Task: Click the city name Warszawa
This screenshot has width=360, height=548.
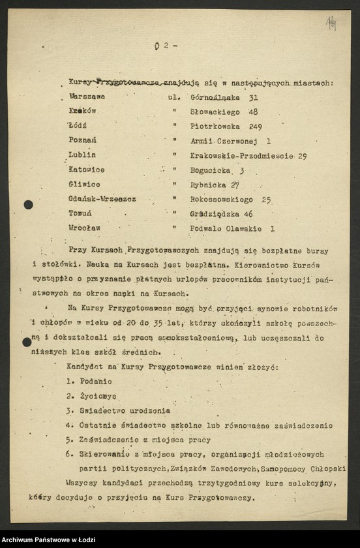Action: [x=87, y=97]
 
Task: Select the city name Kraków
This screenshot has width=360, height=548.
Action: [x=82, y=112]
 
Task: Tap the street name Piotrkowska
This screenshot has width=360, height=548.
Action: [x=215, y=127]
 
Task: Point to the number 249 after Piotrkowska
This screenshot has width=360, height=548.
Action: [x=255, y=127]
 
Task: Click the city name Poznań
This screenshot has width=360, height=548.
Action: [x=83, y=140]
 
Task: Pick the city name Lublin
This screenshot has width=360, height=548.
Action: [x=82, y=155]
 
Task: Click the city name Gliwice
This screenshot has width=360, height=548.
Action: [x=84, y=185]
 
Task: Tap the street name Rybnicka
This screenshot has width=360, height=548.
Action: [x=209, y=185]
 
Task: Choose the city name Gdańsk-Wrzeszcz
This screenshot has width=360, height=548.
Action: [x=102, y=199]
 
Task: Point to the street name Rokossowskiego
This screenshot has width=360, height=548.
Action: [x=220, y=200]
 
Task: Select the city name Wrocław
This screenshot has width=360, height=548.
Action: [x=85, y=228]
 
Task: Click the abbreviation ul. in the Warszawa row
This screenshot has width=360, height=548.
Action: [x=174, y=97]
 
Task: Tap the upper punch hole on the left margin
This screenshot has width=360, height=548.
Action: [x=28, y=205]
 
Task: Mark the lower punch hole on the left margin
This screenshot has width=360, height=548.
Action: [x=27, y=342]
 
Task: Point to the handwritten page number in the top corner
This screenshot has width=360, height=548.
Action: [x=331, y=25]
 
